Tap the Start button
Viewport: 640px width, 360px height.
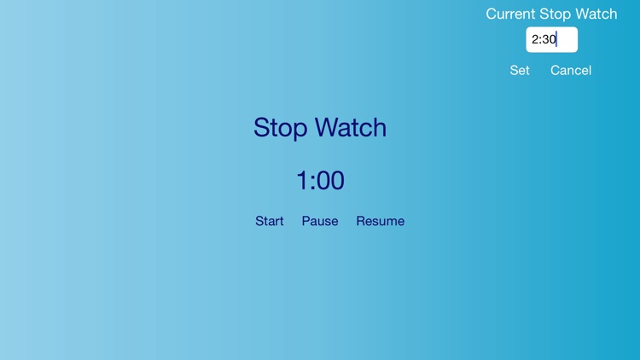[x=269, y=221]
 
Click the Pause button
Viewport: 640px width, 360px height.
[x=320, y=221]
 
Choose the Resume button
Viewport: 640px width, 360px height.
[x=380, y=221]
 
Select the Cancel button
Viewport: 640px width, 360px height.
[x=570, y=71]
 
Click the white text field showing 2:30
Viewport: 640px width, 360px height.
[x=551, y=39]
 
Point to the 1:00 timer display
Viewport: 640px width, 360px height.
[x=320, y=181]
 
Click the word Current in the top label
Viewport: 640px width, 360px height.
[x=510, y=14]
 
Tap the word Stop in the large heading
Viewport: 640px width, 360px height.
[x=281, y=128]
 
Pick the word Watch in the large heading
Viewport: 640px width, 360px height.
[x=350, y=128]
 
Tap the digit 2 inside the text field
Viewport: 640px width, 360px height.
[x=535, y=39]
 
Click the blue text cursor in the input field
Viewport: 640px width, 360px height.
[x=556, y=39]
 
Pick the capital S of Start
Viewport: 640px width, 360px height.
[x=259, y=221]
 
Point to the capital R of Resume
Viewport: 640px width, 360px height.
[x=361, y=221]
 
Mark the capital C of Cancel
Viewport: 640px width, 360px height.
[x=556, y=71]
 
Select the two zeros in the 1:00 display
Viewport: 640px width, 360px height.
[x=331, y=181]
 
